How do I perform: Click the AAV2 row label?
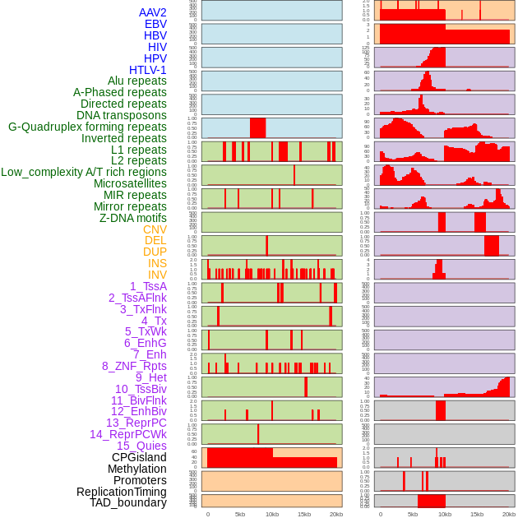pos(152,12)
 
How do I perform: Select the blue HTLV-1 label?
pos(147,70)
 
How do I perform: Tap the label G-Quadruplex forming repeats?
pos(87,127)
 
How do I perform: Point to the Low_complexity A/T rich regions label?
pos(84,172)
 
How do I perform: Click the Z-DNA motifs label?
pos(132,218)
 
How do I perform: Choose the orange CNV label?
pos(155,229)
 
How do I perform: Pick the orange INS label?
pos(157,263)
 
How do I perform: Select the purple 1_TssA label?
pos(148,286)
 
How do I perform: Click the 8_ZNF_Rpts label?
pos(134,366)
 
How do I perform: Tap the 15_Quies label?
pos(141,446)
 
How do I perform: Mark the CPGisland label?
pos(139,457)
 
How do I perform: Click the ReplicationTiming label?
pos(121,492)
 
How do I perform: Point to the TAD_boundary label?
pos(127,502)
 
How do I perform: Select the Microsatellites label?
pos(130,183)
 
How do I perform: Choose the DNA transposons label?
pos(122,115)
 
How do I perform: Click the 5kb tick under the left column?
pos(240,514)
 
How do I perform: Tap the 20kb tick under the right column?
pos(509,514)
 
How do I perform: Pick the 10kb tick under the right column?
pos(445,514)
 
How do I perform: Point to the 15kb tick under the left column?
pos(304,514)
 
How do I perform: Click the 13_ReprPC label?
pos(136,423)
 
